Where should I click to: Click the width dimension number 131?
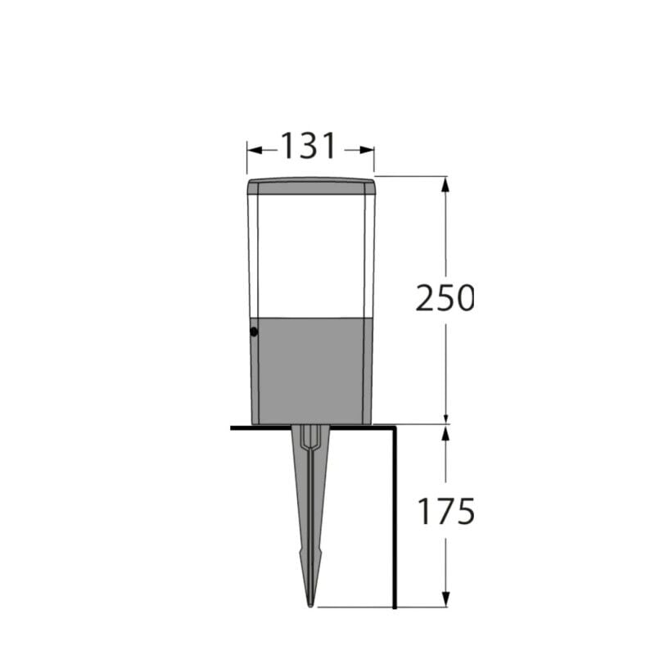(x=309, y=147)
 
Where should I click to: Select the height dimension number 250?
(x=444, y=298)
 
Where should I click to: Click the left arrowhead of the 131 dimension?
(x=253, y=149)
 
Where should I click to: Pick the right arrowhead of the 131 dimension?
(x=368, y=149)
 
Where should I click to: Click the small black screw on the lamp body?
(x=253, y=332)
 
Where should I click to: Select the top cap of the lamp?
(x=311, y=186)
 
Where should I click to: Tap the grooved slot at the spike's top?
(x=310, y=442)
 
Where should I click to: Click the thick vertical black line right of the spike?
(x=395, y=516)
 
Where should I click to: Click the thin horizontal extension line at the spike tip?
(x=352, y=608)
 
